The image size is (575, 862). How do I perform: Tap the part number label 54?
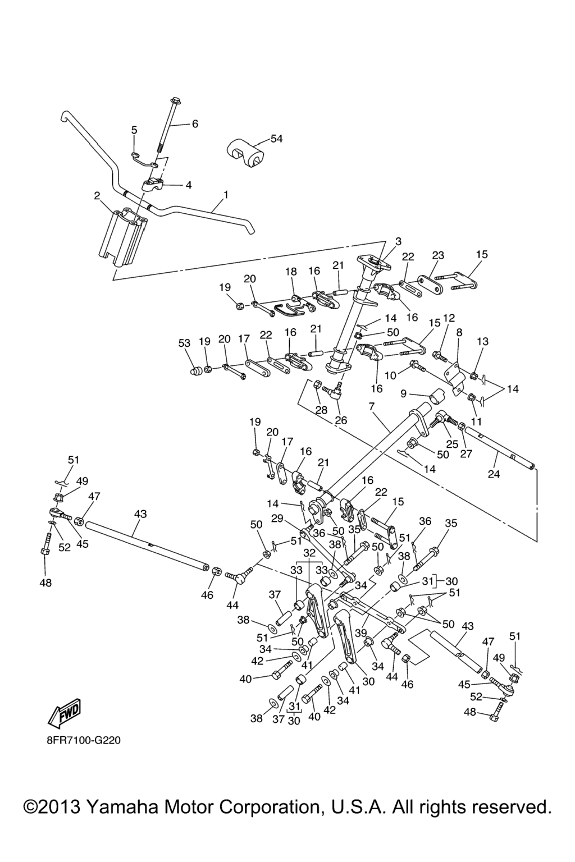[x=277, y=139]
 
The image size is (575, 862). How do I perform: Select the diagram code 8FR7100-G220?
[x=84, y=740]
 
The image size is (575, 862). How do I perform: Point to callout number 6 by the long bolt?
[x=195, y=124]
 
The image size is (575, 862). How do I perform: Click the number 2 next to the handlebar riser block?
[x=134, y=130]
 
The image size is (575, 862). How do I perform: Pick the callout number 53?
[x=184, y=343]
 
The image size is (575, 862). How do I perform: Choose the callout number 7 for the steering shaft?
[x=371, y=405]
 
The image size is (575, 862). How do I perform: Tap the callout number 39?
[x=369, y=616]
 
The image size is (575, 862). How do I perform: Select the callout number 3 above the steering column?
[x=398, y=241]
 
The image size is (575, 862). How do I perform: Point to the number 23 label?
[x=438, y=255]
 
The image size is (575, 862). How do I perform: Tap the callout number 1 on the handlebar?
[x=226, y=195]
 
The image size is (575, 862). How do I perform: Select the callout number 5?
[x=134, y=130]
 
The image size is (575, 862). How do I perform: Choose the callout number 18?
[x=290, y=272]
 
